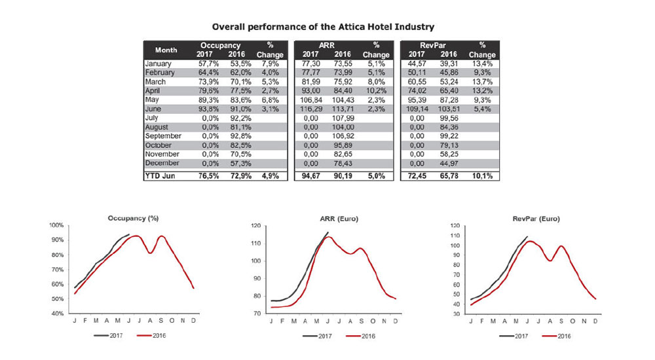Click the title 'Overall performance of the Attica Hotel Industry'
point(323,26)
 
